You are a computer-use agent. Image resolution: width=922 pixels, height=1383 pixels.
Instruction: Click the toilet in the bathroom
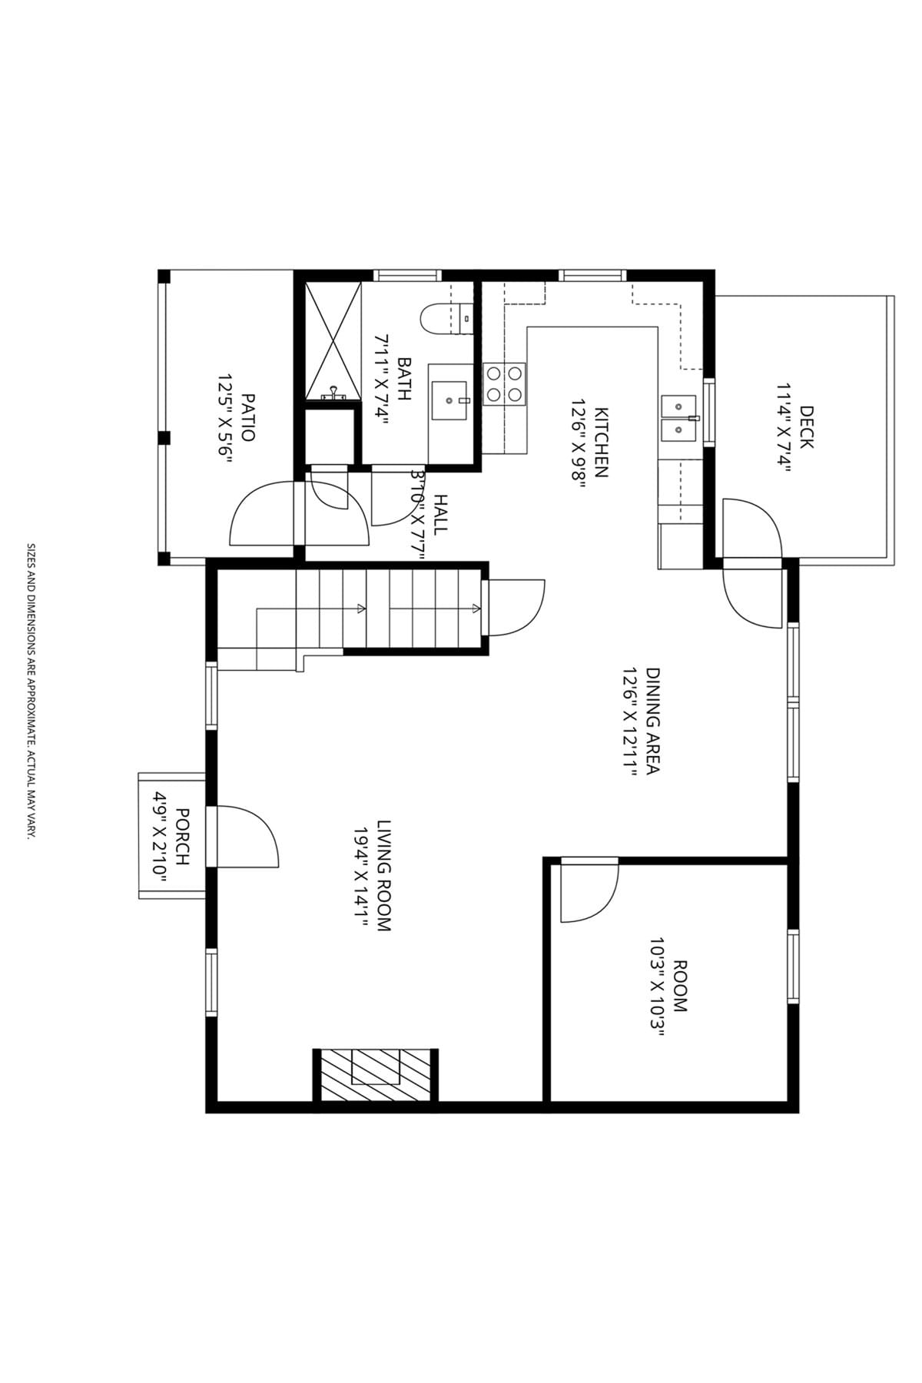pos(446,319)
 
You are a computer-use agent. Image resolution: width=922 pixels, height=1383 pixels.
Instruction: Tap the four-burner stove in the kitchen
pos(504,383)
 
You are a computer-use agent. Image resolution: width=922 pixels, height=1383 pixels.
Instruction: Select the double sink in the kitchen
pos(678,419)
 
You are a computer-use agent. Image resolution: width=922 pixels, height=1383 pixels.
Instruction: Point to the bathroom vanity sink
pos(451,400)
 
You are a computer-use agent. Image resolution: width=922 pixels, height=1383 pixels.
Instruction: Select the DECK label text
pos(805,426)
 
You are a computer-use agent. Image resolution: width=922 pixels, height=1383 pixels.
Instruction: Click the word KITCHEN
pos(601,442)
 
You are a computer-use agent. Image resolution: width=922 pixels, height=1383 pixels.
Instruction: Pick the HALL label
pos(440,514)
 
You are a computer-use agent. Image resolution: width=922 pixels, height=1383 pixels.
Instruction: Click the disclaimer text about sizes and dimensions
pos(31,691)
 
